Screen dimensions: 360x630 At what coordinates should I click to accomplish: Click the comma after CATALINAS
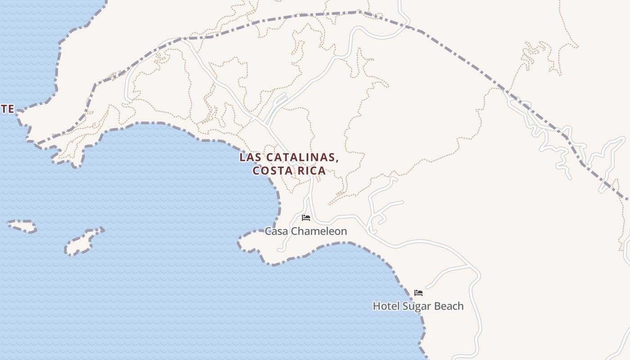337,160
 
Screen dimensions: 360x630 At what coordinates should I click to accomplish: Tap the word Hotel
386,306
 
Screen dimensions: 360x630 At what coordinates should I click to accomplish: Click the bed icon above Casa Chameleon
306,218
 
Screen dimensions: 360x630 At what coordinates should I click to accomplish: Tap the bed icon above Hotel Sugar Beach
418,293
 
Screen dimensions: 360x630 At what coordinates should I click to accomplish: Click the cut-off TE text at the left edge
7,109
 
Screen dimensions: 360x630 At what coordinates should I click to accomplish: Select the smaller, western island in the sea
22,226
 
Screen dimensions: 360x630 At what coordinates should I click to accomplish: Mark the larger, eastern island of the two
83,242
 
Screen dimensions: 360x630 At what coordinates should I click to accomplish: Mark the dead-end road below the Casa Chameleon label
280,250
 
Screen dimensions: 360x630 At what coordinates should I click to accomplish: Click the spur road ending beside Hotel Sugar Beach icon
427,286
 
